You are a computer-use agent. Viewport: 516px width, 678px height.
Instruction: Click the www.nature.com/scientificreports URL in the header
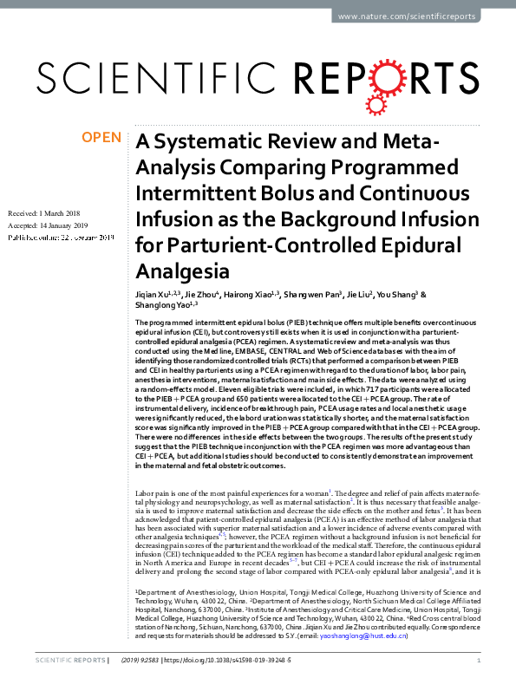point(423,17)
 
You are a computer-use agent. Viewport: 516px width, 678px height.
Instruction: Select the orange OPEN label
point(102,137)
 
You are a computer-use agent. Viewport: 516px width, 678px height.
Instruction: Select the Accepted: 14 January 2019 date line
point(49,225)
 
